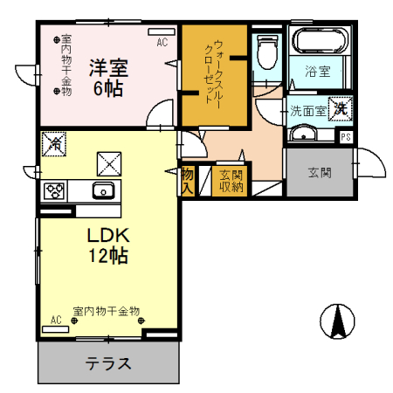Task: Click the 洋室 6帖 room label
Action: pyautogui.click(x=107, y=76)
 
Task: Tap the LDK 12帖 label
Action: pyautogui.click(x=108, y=245)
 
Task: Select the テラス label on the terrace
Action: pyautogui.click(x=107, y=363)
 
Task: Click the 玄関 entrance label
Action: pyautogui.click(x=320, y=172)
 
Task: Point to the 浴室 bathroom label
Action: pyautogui.click(x=317, y=71)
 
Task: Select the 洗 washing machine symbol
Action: pyautogui.click(x=341, y=109)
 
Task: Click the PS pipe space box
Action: pyautogui.click(x=346, y=136)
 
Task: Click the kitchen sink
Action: pyautogui.click(x=103, y=191)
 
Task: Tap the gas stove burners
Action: pyautogui.click(x=54, y=190)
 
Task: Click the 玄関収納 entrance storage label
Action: pyautogui.click(x=231, y=180)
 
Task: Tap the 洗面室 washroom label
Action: pyautogui.click(x=307, y=112)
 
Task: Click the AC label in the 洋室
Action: pyautogui.click(x=162, y=41)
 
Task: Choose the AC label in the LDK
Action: pyautogui.click(x=56, y=321)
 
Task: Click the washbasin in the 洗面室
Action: pyautogui.click(x=305, y=133)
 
